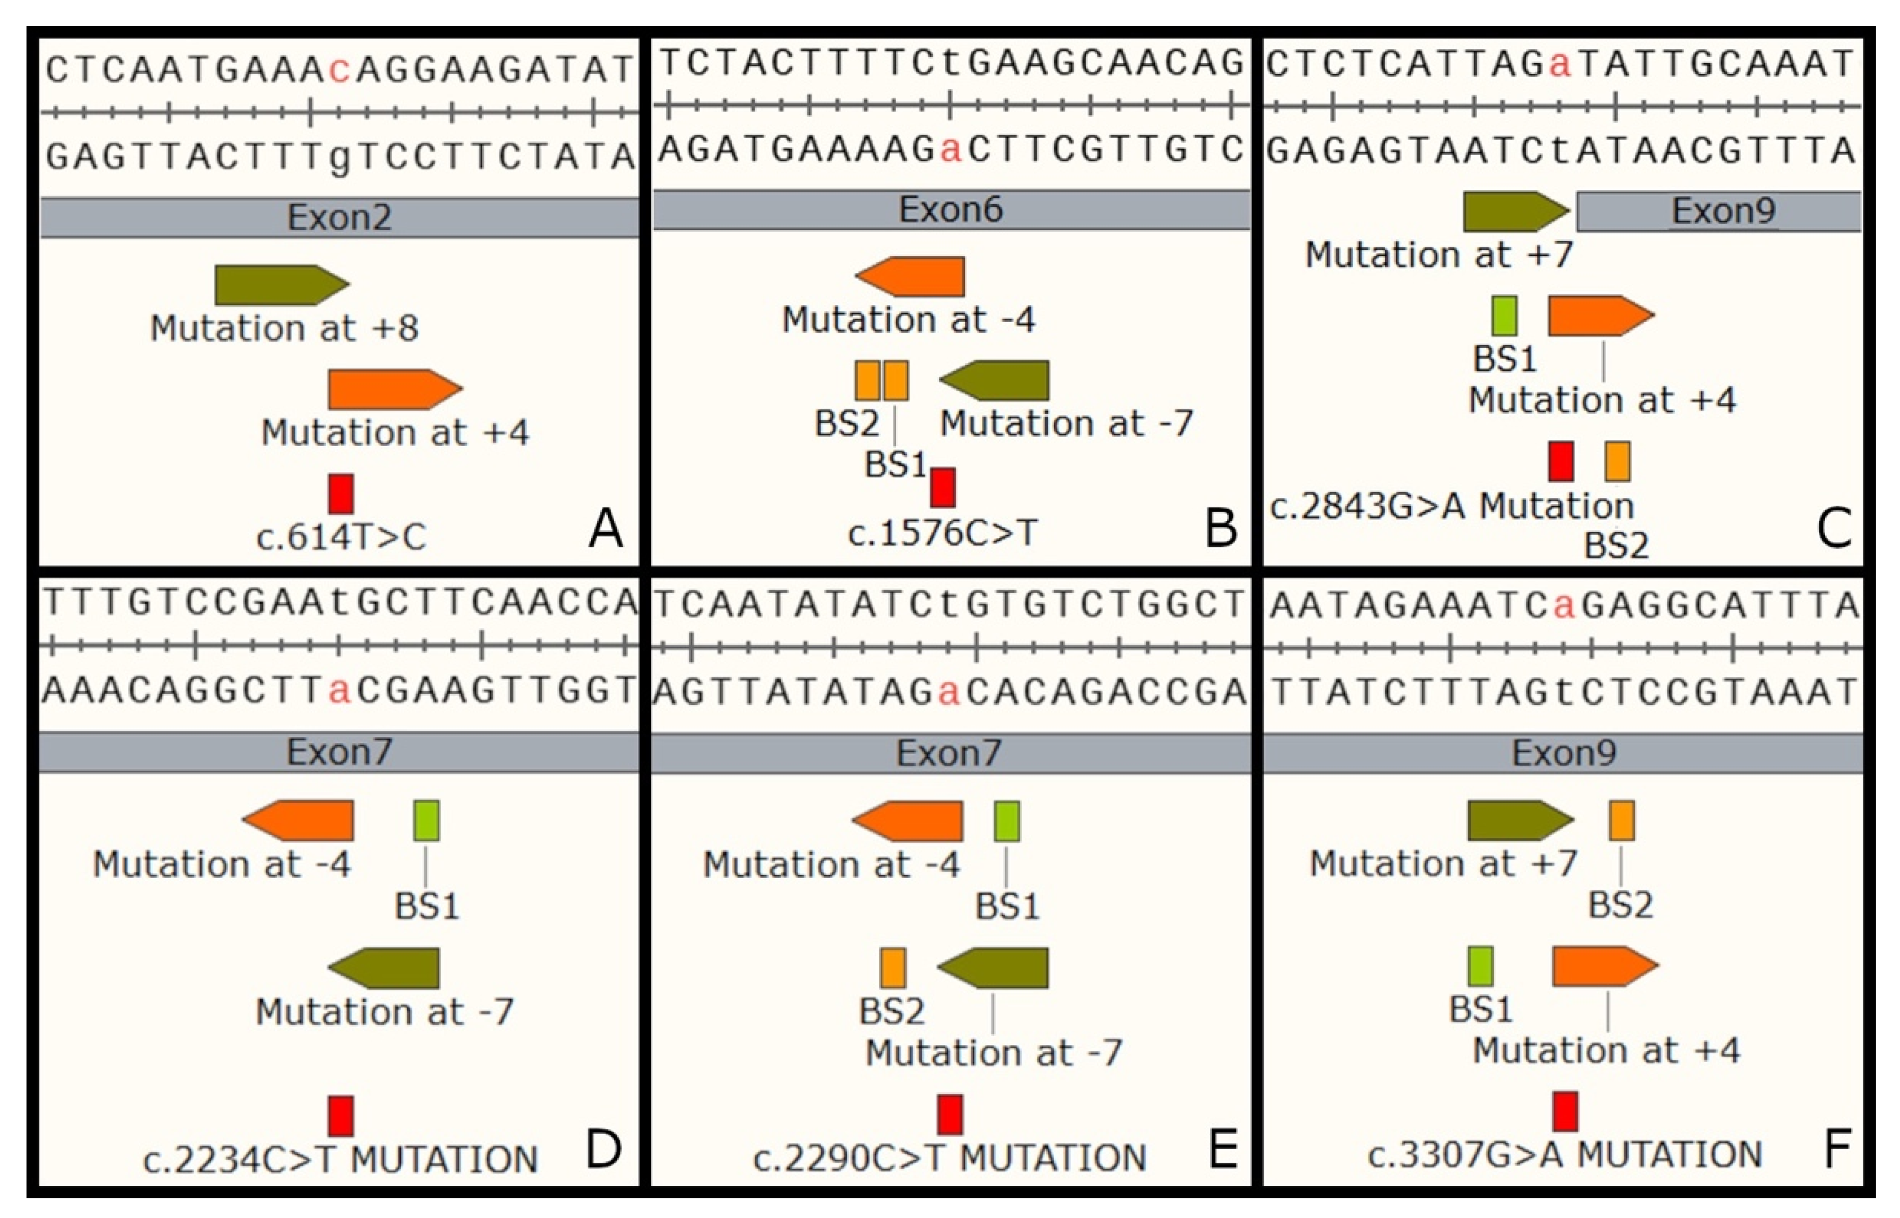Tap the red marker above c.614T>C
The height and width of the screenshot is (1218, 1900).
(x=341, y=493)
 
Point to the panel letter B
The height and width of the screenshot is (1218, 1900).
(x=1220, y=528)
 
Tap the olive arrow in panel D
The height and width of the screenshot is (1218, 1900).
(x=385, y=968)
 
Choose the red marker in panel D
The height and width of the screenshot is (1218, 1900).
(x=341, y=1115)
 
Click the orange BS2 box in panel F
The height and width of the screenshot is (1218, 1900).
(x=1621, y=820)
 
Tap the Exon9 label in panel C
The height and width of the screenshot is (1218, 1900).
(x=1723, y=211)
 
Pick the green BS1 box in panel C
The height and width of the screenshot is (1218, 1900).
(x=1504, y=316)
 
